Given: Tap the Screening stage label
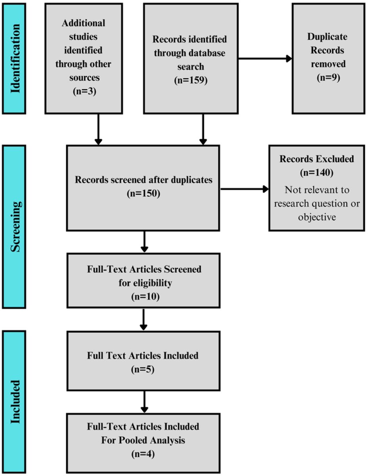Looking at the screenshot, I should tap(15, 226).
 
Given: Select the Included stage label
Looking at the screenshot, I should tap(15, 402).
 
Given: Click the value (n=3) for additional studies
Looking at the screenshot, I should tap(83, 91).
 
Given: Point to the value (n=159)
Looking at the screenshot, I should tap(190, 80).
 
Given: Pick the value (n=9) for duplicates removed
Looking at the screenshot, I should tap(327, 77).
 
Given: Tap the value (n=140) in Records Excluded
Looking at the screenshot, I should tap(317, 173).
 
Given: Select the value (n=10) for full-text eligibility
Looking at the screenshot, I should tap(144, 296).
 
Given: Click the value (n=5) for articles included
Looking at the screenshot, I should tap(143, 370).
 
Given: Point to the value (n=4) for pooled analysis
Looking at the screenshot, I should tap(143, 453).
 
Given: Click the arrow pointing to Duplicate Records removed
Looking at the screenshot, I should tap(265, 59).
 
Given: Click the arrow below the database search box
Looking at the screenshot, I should tap(203, 129).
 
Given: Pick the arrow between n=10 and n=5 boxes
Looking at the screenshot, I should tap(144, 319).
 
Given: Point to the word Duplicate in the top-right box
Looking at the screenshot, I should tap(327, 37).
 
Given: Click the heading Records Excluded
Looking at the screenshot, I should tap(317, 159).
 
